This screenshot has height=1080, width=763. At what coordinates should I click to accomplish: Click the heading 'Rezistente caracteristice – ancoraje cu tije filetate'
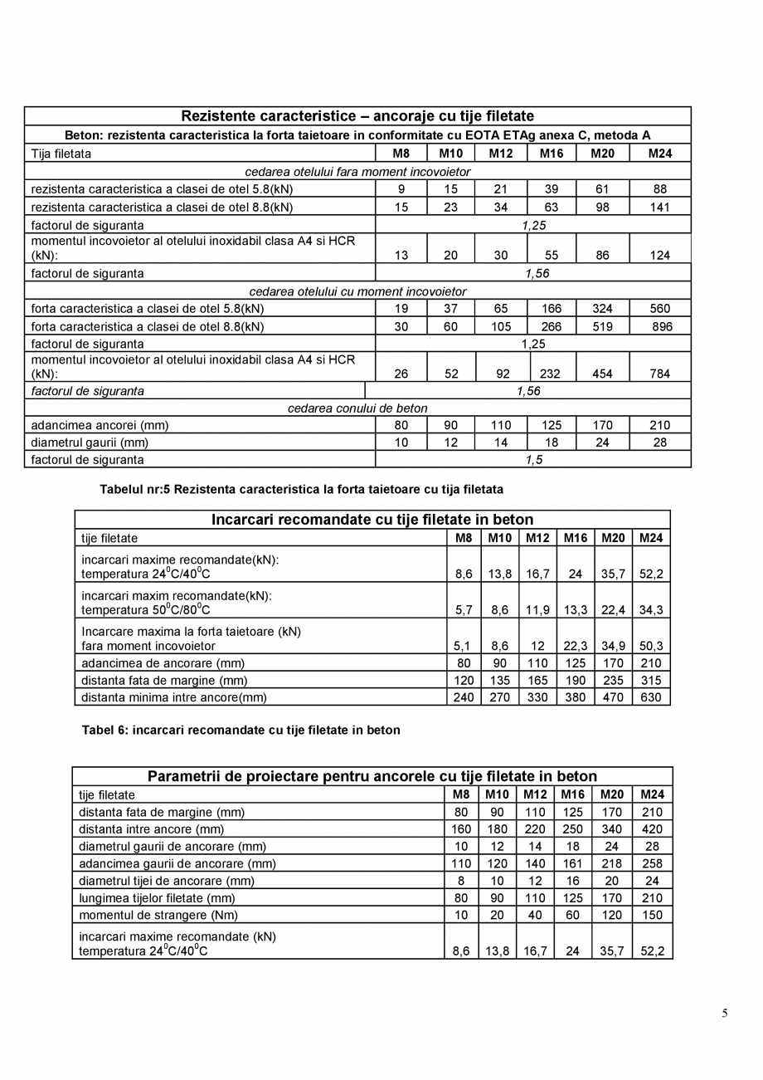pyautogui.click(x=357, y=116)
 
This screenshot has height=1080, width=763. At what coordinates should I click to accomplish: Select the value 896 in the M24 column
pyautogui.click(x=661, y=327)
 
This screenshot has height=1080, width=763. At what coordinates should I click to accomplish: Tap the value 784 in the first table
pyautogui.click(x=659, y=374)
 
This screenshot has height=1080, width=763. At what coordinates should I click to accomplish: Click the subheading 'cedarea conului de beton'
pyautogui.click(x=357, y=408)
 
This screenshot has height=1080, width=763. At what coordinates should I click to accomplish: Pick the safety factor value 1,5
pyautogui.click(x=533, y=460)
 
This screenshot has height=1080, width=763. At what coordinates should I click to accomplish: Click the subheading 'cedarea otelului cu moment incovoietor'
pyautogui.click(x=357, y=292)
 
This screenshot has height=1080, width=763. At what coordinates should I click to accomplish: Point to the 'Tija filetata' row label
pyautogui.click(x=61, y=154)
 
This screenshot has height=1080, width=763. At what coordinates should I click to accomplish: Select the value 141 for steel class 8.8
pyautogui.click(x=659, y=208)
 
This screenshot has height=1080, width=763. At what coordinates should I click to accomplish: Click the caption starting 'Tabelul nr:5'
pyautogui.click(x=301, y=490)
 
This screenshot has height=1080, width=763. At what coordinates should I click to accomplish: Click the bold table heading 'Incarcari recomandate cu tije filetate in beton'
pyautogui.click(x=372, y=520)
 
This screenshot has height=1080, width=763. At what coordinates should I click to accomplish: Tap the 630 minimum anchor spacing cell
pyautogui.click(x=651, y=697)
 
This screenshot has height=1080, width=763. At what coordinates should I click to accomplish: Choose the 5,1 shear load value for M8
pyautogui.click(x=464, y=646)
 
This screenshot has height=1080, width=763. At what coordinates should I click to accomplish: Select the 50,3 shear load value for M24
pyautogui.click(x=651, y=646)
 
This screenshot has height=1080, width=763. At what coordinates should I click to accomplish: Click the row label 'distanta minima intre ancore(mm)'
pyautogui.click(x=174, y=697)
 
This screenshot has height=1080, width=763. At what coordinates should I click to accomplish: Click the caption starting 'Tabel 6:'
pyautogui.click(x=241, y=731)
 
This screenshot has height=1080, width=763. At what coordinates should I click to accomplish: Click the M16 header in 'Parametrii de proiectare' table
pyautogui.click(x=572, y=794)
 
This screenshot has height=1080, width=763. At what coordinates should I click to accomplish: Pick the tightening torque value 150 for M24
pyautogui.click(x=653, y=915)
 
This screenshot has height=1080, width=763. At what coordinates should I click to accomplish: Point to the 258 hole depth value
pyautogui.click(x=653, y=863)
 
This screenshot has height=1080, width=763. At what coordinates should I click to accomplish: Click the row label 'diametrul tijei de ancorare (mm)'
pyautogui.click(x=166, y=881)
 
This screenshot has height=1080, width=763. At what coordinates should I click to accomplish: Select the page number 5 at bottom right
pyautogui.click(x=725, y=1013)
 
